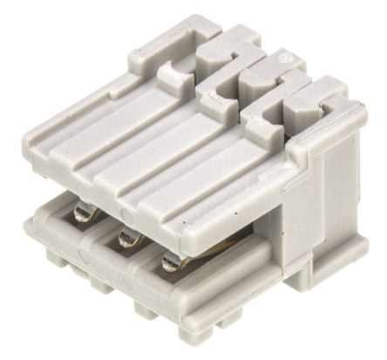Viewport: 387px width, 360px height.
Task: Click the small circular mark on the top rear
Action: tap(282, 58)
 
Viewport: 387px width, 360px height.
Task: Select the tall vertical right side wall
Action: tap(336, 209)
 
